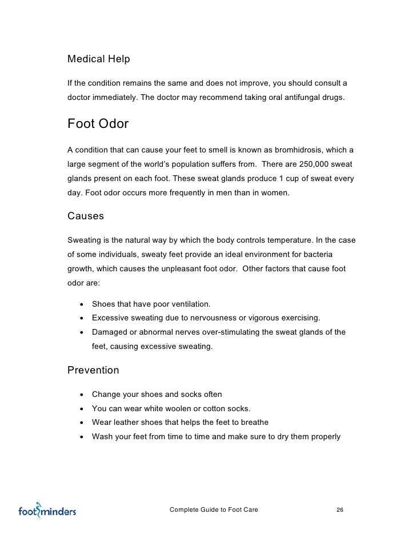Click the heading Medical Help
[99, 59]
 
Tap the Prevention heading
[93, 370]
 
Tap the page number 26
[339, 509]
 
